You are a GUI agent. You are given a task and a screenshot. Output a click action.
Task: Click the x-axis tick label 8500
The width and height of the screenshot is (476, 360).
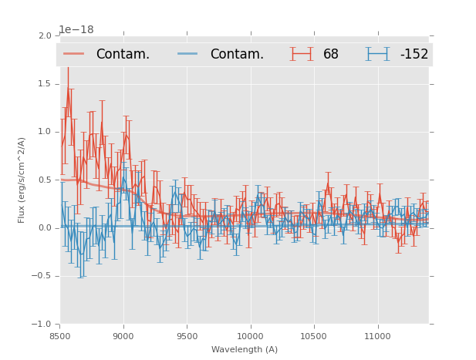tap(60, 336)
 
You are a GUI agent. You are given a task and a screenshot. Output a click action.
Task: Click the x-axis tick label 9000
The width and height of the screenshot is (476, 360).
tap(123, 336)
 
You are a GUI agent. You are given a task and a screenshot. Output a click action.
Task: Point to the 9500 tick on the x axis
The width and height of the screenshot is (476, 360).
tap(187, 336)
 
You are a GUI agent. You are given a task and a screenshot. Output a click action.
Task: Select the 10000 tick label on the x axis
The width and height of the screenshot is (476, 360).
tap(250, 336)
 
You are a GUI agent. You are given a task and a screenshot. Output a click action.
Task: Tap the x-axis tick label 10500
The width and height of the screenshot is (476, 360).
tap(313, 336)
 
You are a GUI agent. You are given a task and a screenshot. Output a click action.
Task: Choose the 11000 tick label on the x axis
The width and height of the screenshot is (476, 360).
tap(376, 336)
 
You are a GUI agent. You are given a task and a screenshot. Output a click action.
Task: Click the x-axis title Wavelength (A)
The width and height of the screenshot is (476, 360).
tap(245, 350)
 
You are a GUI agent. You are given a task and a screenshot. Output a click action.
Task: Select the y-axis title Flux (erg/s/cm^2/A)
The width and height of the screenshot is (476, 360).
tap(22, 180)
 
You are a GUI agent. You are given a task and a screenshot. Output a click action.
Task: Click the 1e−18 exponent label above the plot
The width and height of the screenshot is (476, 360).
tap(76, 30)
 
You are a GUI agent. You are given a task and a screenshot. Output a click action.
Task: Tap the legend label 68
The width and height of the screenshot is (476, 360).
tap(331, 54)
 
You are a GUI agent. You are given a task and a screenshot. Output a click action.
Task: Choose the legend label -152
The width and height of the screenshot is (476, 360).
tap(414, 54)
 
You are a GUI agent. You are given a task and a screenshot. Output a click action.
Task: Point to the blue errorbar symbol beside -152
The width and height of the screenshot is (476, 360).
tap(378, 54)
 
